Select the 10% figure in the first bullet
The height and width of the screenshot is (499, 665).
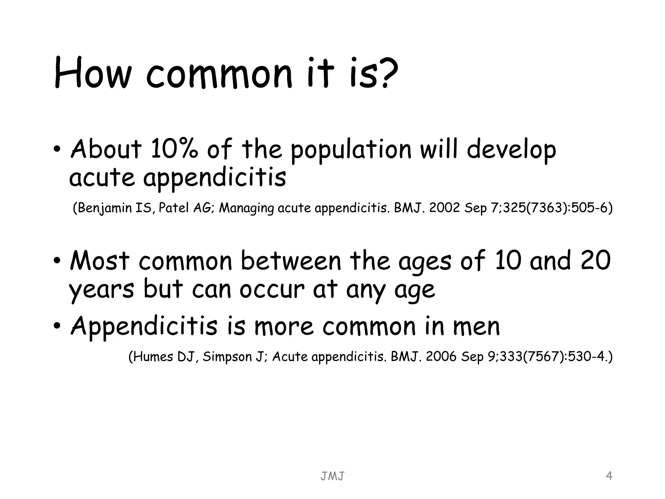click(x=174, y=150)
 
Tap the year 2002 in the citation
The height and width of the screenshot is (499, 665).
click(x=444, y=208)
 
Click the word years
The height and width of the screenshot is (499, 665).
click(x=101, y=290)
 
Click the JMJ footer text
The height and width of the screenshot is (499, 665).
click(x=332, y=476)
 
